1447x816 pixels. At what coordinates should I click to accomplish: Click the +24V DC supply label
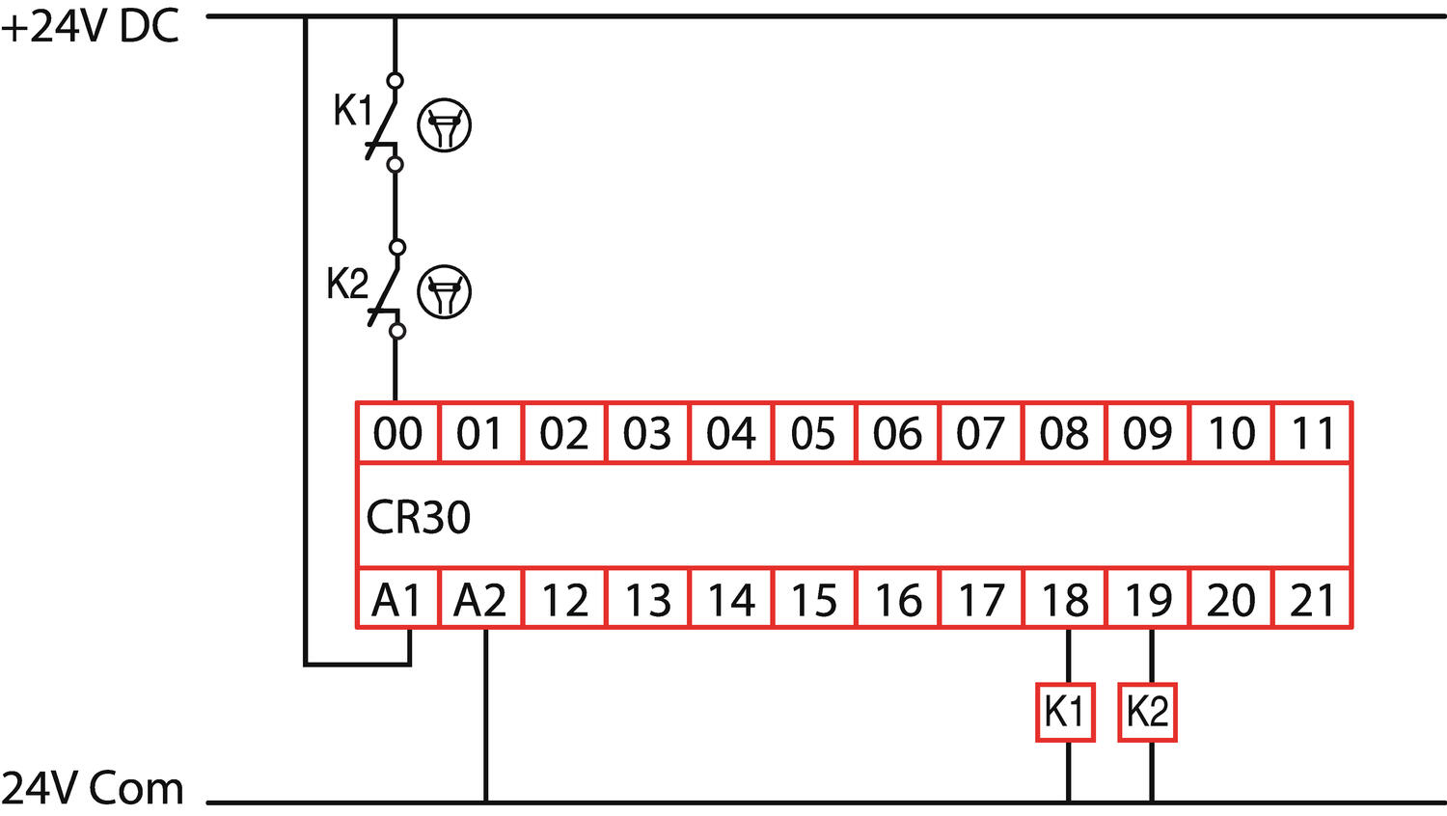[91, 27]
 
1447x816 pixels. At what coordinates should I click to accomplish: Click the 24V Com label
[93, 788]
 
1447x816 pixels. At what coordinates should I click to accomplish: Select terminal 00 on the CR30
[397, 433]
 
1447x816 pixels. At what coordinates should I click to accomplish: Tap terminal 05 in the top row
[813, 433]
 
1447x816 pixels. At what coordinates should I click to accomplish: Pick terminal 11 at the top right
[1312, 433]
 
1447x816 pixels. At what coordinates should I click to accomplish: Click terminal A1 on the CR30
[397, 600]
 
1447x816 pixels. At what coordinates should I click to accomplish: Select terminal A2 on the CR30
[480, 600]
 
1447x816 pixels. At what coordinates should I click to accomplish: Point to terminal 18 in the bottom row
[1064, 600]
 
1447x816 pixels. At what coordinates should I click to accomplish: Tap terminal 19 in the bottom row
[1147, 600]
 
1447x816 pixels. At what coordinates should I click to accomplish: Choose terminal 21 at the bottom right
[1312, 600]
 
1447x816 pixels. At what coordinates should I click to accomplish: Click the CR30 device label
[419, 517]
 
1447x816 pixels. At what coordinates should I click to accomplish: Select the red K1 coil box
[1065, 712]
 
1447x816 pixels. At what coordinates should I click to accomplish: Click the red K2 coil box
[1147, 712]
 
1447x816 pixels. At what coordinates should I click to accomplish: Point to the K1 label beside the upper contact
[352, 111]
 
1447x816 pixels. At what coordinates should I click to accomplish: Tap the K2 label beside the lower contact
[346, 285]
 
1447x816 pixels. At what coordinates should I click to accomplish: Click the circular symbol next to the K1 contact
[444, 125]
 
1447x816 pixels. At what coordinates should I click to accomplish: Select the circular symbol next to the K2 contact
[444, 291]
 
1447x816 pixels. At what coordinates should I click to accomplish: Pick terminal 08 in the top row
[1064, 433]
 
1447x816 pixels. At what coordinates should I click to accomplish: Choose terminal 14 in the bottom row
[731, 600]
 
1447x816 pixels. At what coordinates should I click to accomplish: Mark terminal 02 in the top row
[563, 433]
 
